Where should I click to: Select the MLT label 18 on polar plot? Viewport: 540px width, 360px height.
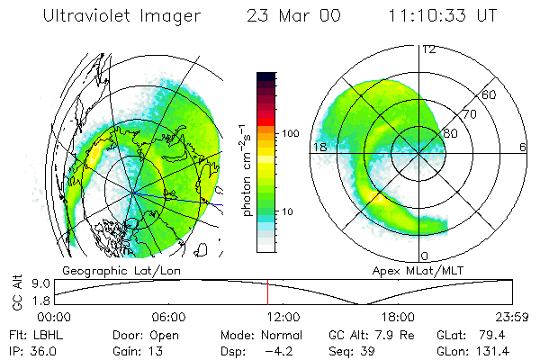(319, 147)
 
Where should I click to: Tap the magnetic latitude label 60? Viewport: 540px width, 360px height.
(490, 94)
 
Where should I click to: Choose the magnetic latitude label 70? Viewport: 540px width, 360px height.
(470, 114)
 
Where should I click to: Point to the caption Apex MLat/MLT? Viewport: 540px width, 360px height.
(409, 270)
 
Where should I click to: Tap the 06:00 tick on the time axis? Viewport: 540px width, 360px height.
(168, 317)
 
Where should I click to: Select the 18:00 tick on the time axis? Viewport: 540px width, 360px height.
(398, 317)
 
